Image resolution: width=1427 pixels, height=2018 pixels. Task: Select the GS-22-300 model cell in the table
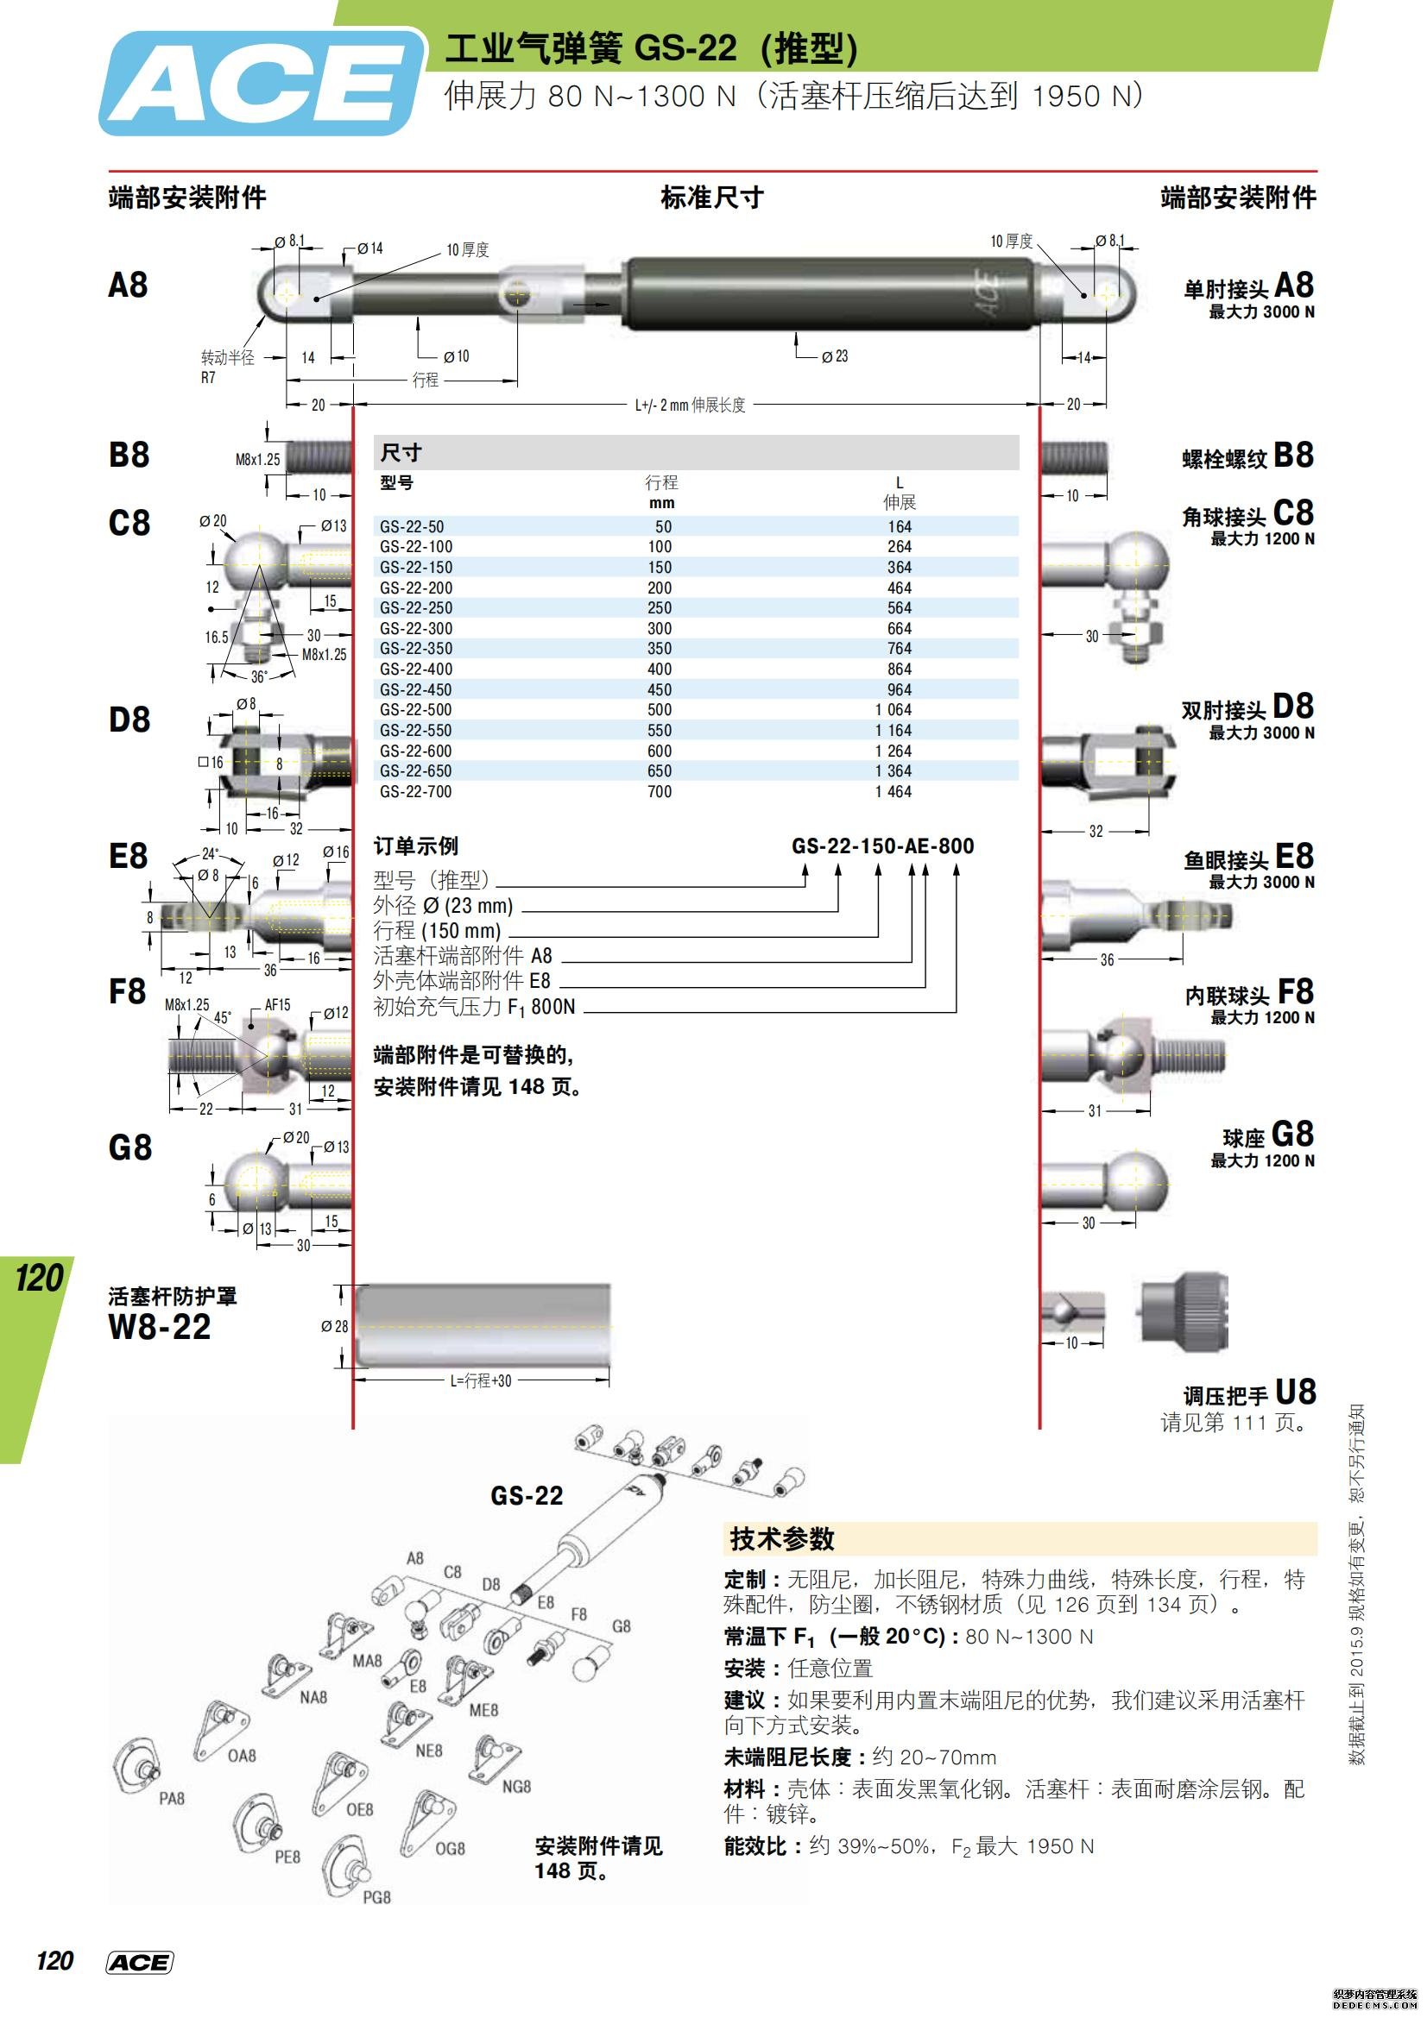click(415, 628)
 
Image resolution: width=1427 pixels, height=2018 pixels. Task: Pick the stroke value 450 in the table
click(660, 690)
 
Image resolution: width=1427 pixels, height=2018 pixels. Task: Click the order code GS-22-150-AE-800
click(883, 846)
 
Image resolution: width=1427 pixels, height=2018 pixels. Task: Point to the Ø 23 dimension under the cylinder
click(836, 356)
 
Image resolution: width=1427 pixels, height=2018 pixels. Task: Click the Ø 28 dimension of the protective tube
click(334, 1326)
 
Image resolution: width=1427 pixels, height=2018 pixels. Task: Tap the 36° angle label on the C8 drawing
click(258, 676)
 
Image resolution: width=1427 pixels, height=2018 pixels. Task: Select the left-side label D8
click(129, 720)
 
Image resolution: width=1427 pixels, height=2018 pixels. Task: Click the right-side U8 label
click(1294, 1393)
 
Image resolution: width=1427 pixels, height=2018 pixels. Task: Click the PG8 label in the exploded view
click(376, 1897)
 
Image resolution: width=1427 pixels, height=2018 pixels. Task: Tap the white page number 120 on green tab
click(40, 1278)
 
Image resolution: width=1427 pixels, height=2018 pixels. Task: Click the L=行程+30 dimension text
click(480, 1380)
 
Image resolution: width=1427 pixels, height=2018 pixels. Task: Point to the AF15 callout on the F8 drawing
click(277, 1004)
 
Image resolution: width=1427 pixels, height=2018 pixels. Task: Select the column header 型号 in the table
click(396, 482)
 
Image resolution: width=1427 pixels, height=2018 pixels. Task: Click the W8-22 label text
click(159, 1327)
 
